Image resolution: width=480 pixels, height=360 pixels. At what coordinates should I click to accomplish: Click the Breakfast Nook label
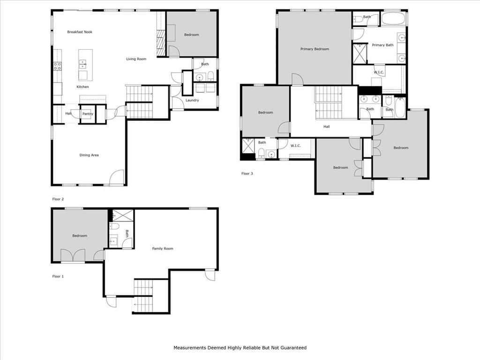(80, 32)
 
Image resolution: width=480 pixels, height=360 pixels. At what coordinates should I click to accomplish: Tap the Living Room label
(136, 59)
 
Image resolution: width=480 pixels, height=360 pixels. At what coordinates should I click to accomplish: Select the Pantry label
(88, 114)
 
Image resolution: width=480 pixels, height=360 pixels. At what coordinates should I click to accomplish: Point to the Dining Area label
(89, 155)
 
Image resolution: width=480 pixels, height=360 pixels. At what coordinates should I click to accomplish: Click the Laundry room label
(192, 100)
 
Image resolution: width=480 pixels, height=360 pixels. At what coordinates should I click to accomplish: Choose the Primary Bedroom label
(315, 49)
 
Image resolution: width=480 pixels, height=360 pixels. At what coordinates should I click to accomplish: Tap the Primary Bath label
(382, 45)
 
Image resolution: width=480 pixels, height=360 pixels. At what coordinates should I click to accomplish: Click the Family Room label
(163, 248)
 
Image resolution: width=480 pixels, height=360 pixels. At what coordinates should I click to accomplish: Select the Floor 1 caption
(58, 276)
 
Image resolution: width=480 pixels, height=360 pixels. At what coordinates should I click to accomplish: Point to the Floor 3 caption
(247, 173)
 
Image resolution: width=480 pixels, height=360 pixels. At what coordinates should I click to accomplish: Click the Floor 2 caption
(58, 199)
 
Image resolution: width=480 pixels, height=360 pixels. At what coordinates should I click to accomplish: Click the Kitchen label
(82, 87)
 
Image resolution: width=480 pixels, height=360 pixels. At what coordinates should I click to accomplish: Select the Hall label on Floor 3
(327, 127)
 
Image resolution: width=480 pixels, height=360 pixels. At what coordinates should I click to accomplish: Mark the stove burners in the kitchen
(58, 66)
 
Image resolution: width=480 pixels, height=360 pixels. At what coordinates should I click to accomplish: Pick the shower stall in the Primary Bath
(360, 54)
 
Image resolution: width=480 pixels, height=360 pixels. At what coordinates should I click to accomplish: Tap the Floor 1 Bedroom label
(80, 236)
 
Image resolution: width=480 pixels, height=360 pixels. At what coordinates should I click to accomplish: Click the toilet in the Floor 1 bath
(114, 226)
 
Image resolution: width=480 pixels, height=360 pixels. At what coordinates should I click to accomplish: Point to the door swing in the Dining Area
(117, 178)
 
